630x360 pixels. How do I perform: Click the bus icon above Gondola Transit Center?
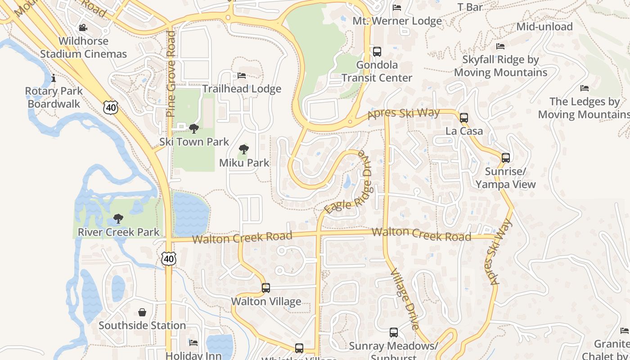tap(377, 52)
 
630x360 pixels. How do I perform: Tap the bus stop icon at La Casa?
tap(464, 118)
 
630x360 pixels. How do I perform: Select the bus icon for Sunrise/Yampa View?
tap(506, 158)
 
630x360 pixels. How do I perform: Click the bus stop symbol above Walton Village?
tap(266, 288)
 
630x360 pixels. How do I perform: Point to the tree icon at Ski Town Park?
tap(194, 129)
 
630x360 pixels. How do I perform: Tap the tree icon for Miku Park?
tap(244, 149)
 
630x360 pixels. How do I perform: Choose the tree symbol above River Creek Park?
tap(118, 219)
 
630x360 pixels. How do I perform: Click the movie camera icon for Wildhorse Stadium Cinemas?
tap(83, 28)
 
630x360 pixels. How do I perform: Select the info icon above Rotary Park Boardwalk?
tap(54, 78)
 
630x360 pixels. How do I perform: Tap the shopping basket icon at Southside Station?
tap(142, 312)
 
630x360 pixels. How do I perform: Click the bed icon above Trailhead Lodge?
tap(242, 76)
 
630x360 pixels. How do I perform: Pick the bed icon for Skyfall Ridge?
tap(500, 46)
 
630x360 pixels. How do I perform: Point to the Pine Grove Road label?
tap(171, 74)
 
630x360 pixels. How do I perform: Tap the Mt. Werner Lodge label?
tap(397, 21)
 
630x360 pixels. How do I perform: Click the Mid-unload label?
tap(544, 27)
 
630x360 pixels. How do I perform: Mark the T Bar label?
tap(470, 7)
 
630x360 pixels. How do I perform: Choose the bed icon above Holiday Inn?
tap(193, 343)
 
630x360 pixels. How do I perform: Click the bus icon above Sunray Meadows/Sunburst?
tap(394, 333)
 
